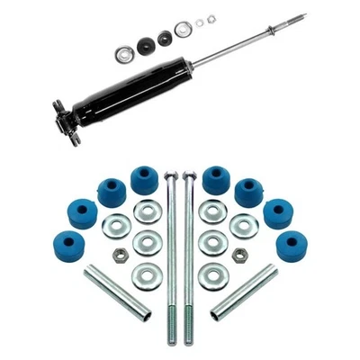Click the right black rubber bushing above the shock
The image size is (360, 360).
(x=165, y=38)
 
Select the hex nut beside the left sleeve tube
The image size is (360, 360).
(x=118, y=256)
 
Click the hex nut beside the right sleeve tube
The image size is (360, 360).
(x=238, y=256)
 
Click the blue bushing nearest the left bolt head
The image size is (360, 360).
(x=144, y=178)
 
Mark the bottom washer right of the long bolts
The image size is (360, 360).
(x=211, y=274)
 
